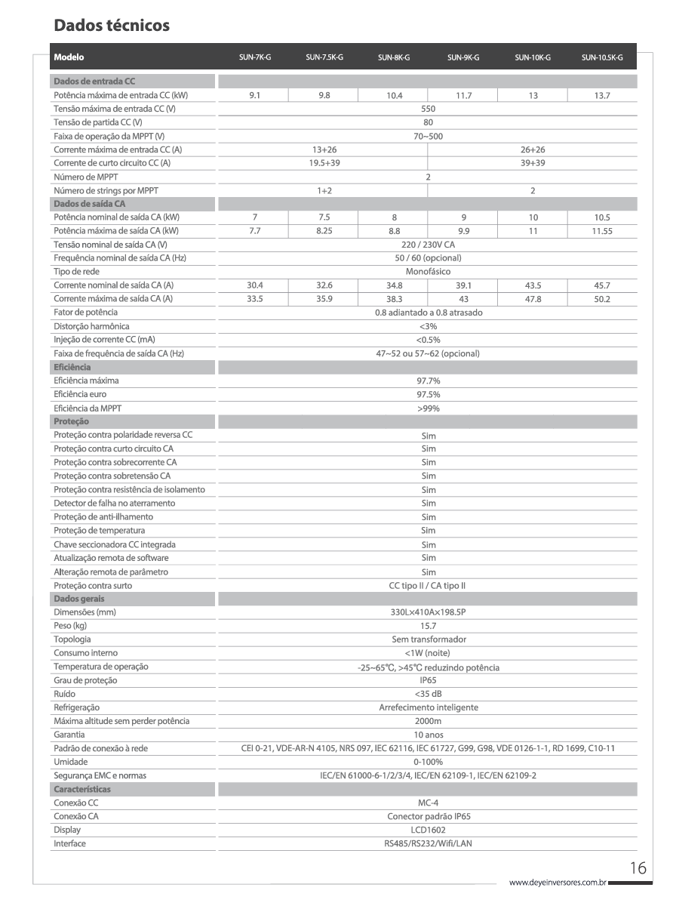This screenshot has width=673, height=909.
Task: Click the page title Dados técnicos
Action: point(112,26)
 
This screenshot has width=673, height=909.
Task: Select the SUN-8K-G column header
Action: point(393,57)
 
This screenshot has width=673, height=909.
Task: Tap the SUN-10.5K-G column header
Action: point(601,57)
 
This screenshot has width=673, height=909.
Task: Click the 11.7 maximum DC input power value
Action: point(463,95)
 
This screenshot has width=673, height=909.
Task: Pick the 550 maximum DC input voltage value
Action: point(428,109)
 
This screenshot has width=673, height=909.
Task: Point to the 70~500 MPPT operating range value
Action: point(428,136)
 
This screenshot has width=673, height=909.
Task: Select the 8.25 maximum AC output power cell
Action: point(324,231)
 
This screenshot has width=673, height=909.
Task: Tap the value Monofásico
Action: point(428,272)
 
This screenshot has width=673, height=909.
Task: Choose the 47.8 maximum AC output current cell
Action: point(533,299)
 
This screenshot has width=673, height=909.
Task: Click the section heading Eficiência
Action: point(72,367)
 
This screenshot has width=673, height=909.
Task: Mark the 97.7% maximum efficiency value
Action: point(428,381)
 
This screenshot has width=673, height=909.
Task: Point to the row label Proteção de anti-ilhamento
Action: point(103,517)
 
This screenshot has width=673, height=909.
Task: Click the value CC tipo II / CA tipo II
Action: point(428,586)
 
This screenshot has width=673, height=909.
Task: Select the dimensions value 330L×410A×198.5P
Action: point(428,612)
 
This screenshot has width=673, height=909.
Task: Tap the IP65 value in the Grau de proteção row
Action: point(428,680)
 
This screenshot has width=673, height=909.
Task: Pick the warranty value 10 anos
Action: point(428,735)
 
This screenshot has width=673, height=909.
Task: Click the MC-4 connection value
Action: point(428,803)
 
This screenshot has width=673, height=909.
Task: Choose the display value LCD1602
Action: point(428,830)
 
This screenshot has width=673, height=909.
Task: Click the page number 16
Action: point(638,869)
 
